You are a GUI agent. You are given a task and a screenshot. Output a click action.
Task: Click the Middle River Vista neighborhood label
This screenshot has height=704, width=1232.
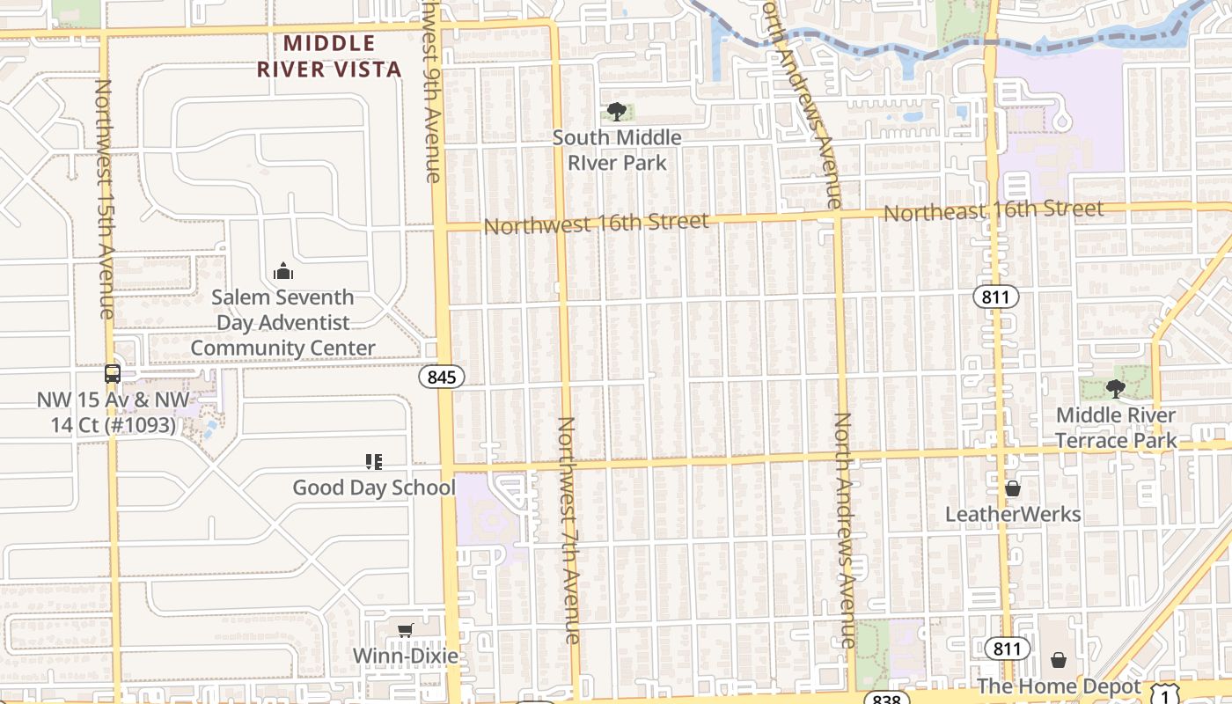(329, 56)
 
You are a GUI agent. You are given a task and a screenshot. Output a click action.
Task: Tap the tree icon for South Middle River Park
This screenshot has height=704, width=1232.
(617, 112)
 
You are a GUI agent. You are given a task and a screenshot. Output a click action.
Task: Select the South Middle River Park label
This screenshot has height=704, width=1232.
(617, 150)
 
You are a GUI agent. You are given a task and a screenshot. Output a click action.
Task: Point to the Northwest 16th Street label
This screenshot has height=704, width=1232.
(596, 224)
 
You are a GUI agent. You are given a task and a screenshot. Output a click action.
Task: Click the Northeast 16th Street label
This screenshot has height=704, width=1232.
(993, 211)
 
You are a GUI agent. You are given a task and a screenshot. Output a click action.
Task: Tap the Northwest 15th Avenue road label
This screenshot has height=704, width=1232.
(105, 199)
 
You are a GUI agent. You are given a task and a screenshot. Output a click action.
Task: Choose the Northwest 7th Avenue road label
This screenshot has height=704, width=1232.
(568, 530)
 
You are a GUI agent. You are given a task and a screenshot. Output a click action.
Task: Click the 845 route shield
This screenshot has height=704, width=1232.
(441, 378)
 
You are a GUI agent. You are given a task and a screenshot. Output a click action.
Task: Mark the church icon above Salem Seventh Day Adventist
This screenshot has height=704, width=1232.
(282, 271)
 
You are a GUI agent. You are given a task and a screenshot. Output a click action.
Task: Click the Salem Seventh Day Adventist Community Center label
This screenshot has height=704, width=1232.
(283, 323)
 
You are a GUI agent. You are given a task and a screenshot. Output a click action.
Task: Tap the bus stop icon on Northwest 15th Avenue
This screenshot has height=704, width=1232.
(113, 373)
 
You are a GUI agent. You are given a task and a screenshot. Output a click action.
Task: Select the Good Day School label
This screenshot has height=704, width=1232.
(374, 488)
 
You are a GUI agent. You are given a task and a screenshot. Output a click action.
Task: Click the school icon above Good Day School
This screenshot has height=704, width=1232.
(374, 461)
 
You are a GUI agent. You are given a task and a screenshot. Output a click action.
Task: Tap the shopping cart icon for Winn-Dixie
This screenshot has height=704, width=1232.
(405, 630)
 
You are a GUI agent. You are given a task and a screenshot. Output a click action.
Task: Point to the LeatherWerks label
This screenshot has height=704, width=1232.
(1013, 514)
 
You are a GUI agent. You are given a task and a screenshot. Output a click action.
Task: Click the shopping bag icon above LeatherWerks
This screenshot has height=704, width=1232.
(1013, 488)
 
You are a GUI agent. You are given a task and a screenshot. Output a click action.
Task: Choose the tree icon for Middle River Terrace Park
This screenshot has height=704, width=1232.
(1116, 388)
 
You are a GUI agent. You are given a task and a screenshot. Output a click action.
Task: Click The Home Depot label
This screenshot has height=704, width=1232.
(1059, 686)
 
